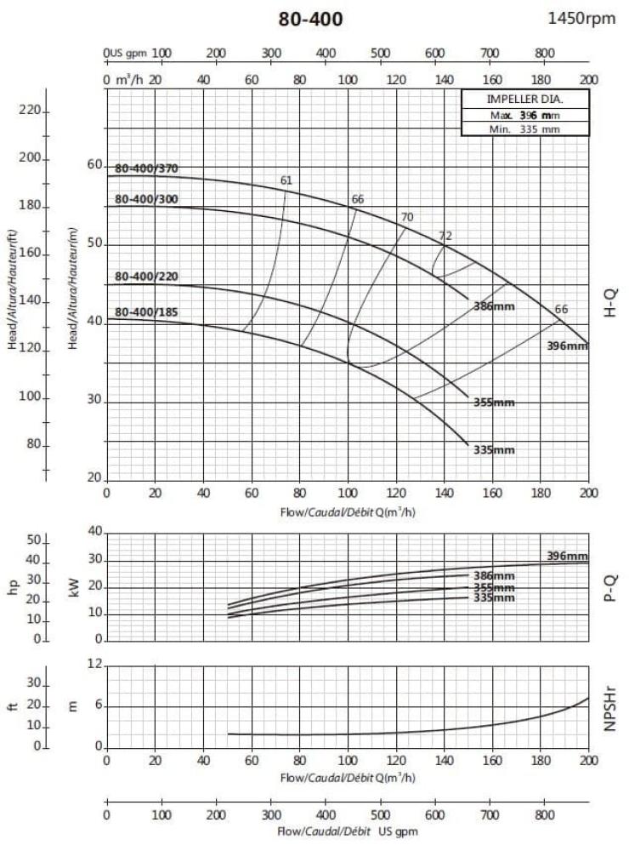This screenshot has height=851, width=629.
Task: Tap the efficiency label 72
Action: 445,236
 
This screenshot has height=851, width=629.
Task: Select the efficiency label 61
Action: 286,180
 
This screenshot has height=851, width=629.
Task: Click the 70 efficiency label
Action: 406,218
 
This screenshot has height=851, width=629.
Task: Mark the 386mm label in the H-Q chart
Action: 494,304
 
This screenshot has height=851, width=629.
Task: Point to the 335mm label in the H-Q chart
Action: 494,449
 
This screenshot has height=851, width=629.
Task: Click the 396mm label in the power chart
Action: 567,556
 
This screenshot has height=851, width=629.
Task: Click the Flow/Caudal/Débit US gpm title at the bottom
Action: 348,831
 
